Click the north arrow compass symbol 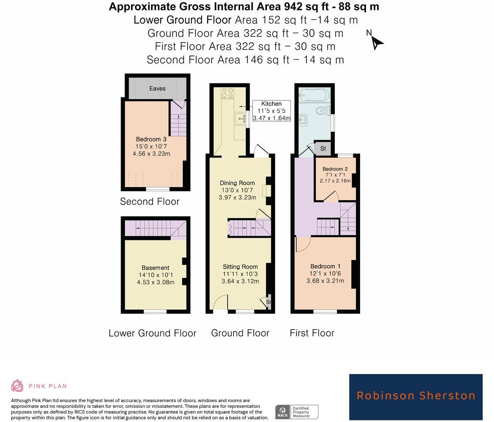point(376,41)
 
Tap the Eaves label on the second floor point(157,88)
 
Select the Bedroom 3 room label point(151,139)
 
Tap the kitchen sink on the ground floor point(240,119)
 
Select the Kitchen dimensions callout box point(271,111)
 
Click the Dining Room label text point(237,183)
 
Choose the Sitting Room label point(240,267)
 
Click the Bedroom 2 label point(335,169)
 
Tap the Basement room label point(155,268)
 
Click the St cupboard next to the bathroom point(323,148)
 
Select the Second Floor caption point(149,202)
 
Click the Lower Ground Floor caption point(152,333)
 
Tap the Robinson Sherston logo point(416,396)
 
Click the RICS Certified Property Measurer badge point(297,412)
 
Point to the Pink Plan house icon point(17,385)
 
